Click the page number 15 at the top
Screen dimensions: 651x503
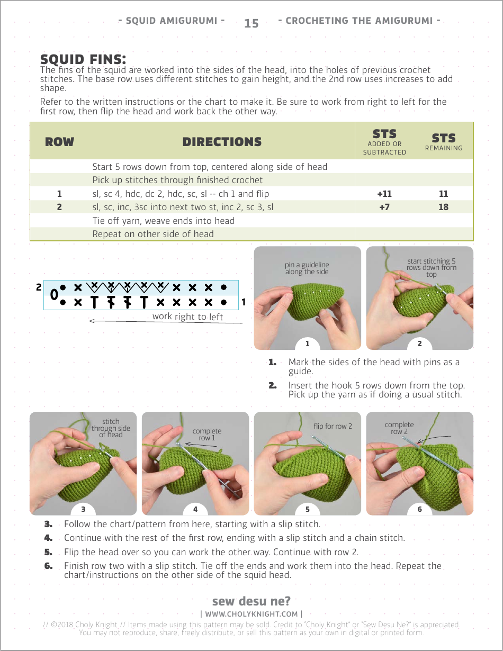251,23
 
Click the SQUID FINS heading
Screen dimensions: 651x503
83,59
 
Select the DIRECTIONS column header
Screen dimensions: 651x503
222,142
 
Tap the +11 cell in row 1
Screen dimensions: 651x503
384,194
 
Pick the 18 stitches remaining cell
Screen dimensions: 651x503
443,207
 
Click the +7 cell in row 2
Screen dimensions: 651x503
384,207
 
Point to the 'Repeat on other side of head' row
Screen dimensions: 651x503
153,234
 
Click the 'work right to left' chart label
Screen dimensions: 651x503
187,317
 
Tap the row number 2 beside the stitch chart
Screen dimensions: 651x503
39,288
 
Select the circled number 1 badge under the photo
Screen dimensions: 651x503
308,344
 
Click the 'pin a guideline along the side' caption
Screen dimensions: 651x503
307,268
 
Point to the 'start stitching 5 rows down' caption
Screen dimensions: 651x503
432,267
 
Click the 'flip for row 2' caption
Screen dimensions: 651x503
333,426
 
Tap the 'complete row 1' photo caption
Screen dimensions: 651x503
206,435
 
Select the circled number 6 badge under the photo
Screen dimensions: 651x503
420,509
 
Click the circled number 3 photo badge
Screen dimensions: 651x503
83,509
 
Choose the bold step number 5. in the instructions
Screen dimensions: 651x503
48,552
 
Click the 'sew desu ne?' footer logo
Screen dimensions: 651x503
251,601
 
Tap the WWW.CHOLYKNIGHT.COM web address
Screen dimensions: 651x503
251,614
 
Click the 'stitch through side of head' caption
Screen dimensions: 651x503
111,428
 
